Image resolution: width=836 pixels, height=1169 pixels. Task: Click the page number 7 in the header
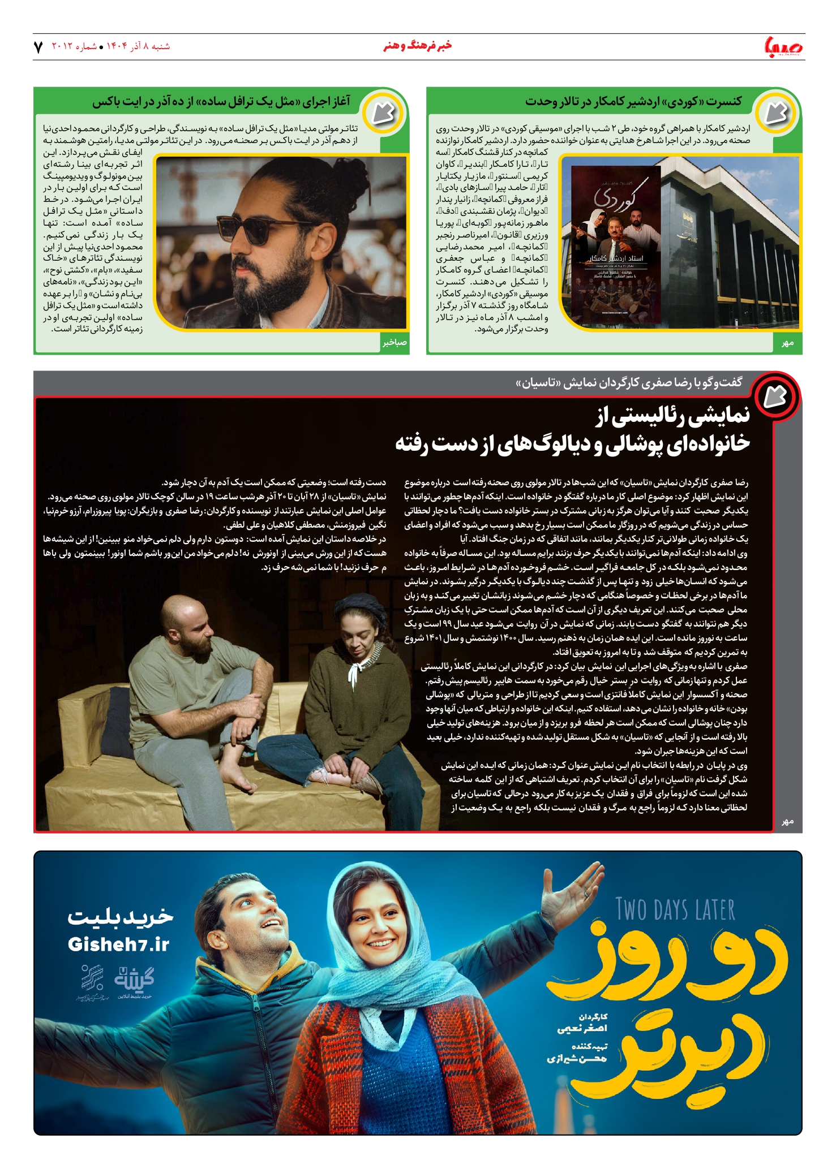(38, 47)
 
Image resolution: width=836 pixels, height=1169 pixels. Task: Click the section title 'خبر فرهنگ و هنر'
(417, 46)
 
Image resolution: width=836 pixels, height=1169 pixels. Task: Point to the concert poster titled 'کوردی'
(616, 244)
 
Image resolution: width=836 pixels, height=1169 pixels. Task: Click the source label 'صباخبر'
(394, 343)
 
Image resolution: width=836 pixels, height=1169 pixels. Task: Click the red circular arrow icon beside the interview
(776, 396)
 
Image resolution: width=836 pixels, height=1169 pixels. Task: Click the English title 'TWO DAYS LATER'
(675, 910)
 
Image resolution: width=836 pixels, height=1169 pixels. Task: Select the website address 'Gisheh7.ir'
(118, 944)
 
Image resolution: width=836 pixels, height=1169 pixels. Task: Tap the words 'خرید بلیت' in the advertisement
(121, 917)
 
